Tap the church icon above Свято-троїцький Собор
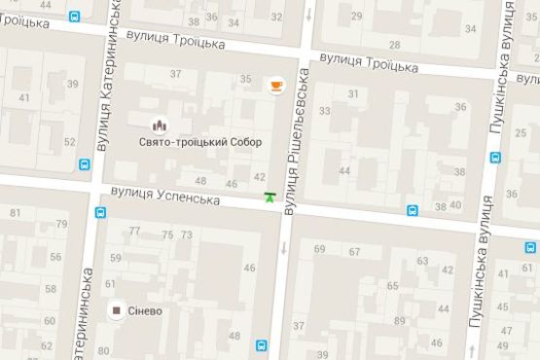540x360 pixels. pyautogui.click(x=160, y=126)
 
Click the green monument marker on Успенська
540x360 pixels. pyautogui.click(x=270, y=198)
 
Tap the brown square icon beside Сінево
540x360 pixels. pyautogui.click(x=116, y=311)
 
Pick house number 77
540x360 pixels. pyautogui.click(x=134, y=232)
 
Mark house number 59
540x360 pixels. pyautogui.click(x=115, y=258)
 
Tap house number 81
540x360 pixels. pyautogui.click(x=15, y=213)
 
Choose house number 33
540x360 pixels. pyautogui.click(x=325, y=110)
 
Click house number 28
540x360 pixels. pyautogui.click(x=394, y=45)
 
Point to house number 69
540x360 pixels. pyautogui.click(x=319, y=250)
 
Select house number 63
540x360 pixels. pyautogui.click(x=422, y=262)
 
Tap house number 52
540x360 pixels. pyautogui.click(x=69, y=142)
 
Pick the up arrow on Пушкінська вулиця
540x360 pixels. pyautogui.click(x=473, y=349)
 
